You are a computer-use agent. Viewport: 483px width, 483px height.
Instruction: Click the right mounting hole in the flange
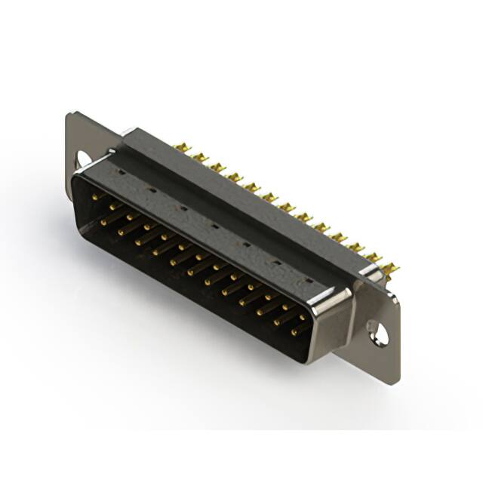pyautogui.click(x=375, y=329)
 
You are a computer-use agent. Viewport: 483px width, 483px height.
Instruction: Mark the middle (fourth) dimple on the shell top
pyautogui.click(x=214, y=225)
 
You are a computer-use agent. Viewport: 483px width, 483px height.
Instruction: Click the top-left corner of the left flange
pyautogui.click(x=69, y=115)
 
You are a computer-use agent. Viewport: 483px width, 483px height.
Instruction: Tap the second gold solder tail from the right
pyautogui.click(x=374, y=258)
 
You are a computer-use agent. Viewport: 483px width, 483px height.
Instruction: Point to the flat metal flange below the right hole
pyautogui.click(x=381, y=361)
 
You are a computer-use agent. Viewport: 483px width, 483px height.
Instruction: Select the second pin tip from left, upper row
pyautogui.click(x=113, y=205)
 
